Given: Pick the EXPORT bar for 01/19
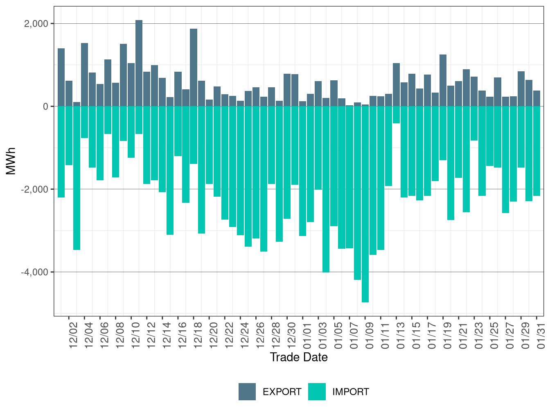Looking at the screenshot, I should (x=443, y=80).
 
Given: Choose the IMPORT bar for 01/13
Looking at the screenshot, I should (x=396, y=115).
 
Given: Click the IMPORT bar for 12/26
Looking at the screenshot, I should (x=256, y=172).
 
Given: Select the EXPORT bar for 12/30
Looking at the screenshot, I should (x=287, y=90).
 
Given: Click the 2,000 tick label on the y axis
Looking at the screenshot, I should (x=36, y=24).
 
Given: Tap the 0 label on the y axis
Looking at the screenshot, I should (x=45, y=107).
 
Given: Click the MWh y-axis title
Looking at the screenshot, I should (x=11, y=161).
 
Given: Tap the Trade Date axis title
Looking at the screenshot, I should (x=299, y=357).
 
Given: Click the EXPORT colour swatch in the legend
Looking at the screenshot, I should (x=247, y=392).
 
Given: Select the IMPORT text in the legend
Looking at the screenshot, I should (x=350, y=392).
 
